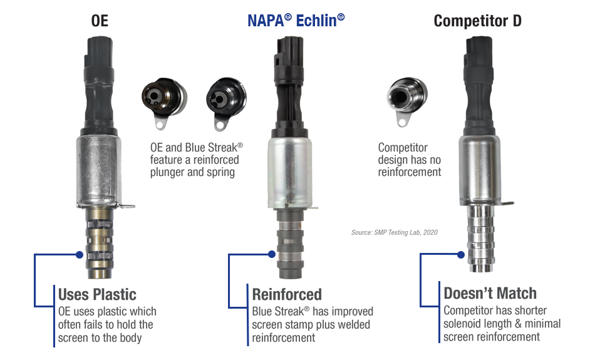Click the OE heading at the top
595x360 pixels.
(x=100, y=21)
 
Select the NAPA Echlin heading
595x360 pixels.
(x=296, y=21)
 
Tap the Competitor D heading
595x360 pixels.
(x=477, y=21)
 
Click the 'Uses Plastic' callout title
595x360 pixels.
(x=97, y=295)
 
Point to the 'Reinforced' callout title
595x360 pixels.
(x=287, y=295)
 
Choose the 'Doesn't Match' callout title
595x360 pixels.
(x=490, y=293)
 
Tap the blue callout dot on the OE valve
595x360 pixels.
(x=80, y=255)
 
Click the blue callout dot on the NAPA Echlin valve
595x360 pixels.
(x=272, y=254)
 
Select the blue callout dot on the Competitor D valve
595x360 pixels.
(x=461, y=255)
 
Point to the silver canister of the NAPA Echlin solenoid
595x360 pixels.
(x=290, y=173)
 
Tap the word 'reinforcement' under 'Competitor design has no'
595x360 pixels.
(x=410, y=172)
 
